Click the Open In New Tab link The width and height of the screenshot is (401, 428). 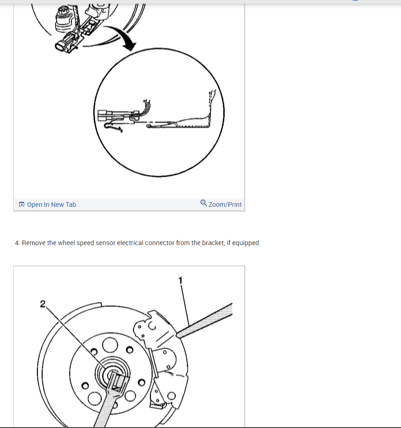pyautogui.click(x=52, y=205)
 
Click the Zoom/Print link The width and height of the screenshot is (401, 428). pyautogui.click(x=225, y=205)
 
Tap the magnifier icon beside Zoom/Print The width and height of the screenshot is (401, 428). pyautogui.click(x=203, y=203)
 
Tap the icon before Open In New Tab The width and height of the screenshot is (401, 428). pyautogui.click(x=22, y=204)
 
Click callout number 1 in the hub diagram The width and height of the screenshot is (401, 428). pyautogui.click(x=180, y=280)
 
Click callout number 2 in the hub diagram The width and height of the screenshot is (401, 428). pyautogui.click(x=43, y=304)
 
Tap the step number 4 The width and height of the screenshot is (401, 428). pyautogui.click(x=17, y=243)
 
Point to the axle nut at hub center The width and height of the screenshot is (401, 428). pyautogui.click(x=113, y=374)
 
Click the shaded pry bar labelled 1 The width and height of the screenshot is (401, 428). pyautogui.click(x=204, y=321)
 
